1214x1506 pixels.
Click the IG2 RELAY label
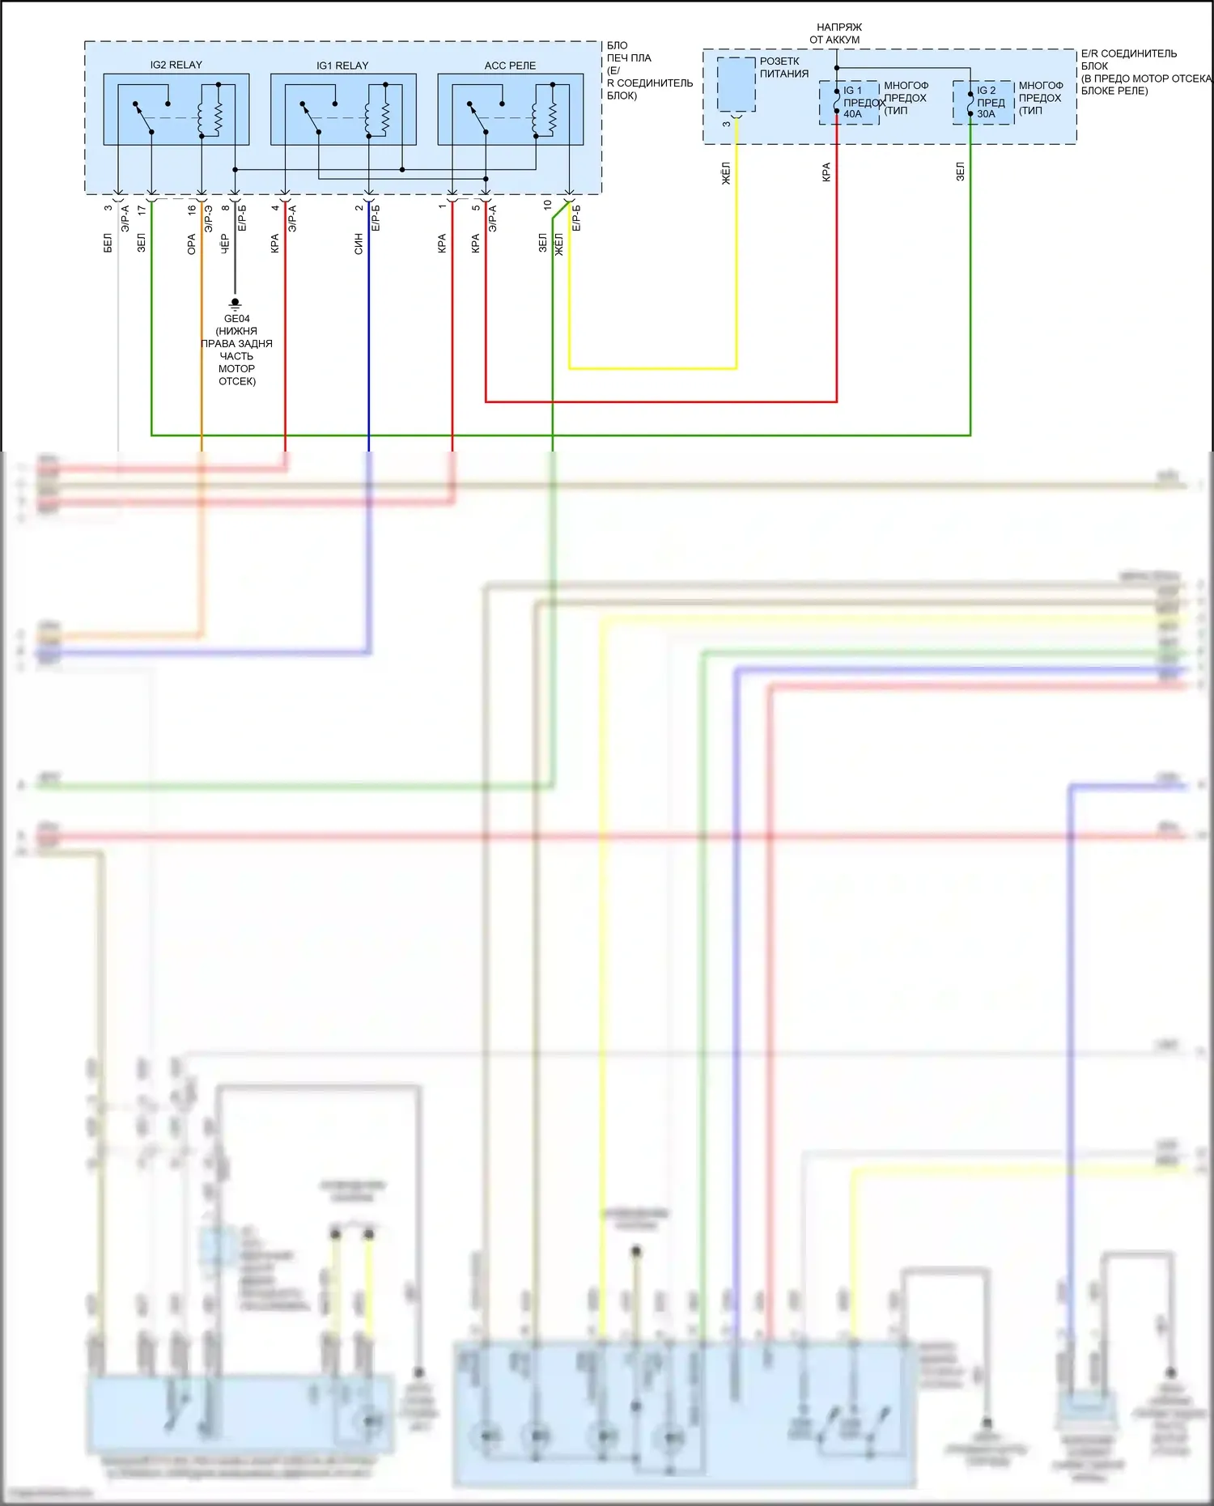[x=176, y=65]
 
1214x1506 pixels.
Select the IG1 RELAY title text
[x=342, y=66]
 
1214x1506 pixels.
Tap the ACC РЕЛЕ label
[x=510, y=66]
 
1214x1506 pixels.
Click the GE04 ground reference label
[x=236, y=319]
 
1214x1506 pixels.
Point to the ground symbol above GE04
[x=235, y=303]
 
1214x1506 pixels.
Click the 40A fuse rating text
[x=852, y=114]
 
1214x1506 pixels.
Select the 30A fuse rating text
[x=986, y=114]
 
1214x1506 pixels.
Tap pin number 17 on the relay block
[x=142, y=210]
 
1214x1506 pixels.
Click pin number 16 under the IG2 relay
[x=192, y=210]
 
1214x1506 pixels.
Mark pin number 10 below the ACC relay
[x=548, y=206]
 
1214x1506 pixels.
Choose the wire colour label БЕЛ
[x=108, y=243]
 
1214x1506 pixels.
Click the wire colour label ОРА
[x=192, y=244]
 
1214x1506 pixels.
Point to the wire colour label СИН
[x=359, y=244]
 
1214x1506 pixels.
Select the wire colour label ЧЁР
[x=225, y=244]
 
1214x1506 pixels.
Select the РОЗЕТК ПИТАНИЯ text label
[x=783, y=67]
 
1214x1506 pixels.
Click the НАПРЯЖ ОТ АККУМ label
[x=836, y=33]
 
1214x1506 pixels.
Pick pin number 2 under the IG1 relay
[x=359, y=208]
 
